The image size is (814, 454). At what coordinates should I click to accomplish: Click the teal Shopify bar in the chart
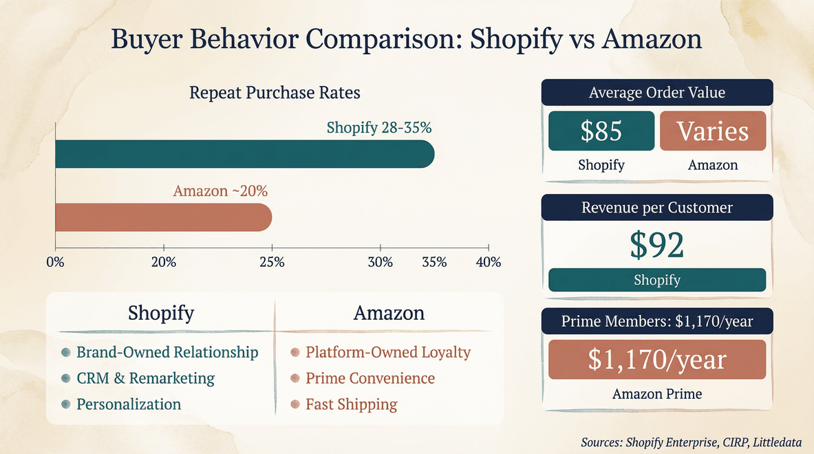244,154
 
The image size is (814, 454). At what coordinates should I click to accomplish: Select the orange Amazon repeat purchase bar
163,217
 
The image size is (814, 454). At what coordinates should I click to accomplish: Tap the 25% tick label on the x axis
272,262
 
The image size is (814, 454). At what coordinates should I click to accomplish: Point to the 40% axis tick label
488,262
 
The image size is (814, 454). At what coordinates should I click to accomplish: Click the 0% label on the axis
55,262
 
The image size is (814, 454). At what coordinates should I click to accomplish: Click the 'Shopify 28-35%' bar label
378,127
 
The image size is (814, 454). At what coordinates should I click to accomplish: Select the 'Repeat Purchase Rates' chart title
275,92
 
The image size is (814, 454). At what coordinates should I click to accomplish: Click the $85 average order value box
601,131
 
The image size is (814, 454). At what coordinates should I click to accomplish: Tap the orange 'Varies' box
712,131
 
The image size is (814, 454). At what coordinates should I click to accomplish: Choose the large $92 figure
656,245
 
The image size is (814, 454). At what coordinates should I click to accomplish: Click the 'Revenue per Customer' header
656,207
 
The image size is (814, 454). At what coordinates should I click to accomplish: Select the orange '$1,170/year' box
656,360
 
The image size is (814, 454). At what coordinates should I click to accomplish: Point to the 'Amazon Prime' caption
656,394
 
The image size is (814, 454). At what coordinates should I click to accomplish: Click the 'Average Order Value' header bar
656,92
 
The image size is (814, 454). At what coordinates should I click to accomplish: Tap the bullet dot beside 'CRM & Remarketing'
65,378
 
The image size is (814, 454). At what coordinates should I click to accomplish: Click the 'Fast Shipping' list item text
351,404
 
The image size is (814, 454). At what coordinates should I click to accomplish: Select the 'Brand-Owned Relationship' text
167,352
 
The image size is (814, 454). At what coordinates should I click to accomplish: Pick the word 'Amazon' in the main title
651,39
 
